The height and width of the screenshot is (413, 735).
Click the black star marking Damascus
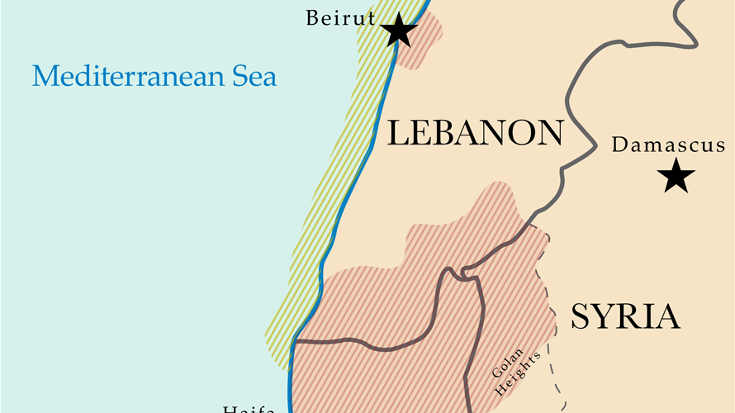[x=677, y=176]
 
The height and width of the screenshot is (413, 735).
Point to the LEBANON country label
[x=475, y=133]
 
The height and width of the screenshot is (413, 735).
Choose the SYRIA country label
[x=625, y=317]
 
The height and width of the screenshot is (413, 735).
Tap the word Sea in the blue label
[x=254, y=78]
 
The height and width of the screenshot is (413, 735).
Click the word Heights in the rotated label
[x=525, y=368]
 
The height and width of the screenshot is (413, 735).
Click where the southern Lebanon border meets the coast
[x=294, y=339]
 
